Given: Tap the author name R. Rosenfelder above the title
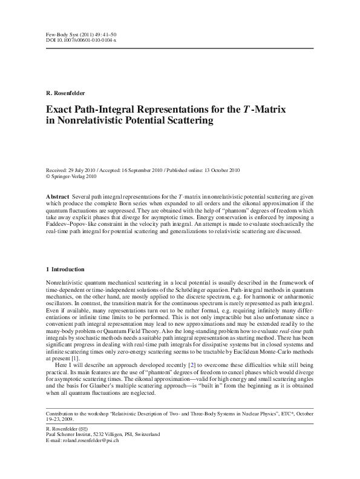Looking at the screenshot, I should click(x=65, y=92).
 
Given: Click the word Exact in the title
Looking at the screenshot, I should click(x=59, y=109).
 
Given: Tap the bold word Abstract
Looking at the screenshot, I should click(x=59, y=197).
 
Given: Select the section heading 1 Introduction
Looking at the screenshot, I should click(x=65, y=269).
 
